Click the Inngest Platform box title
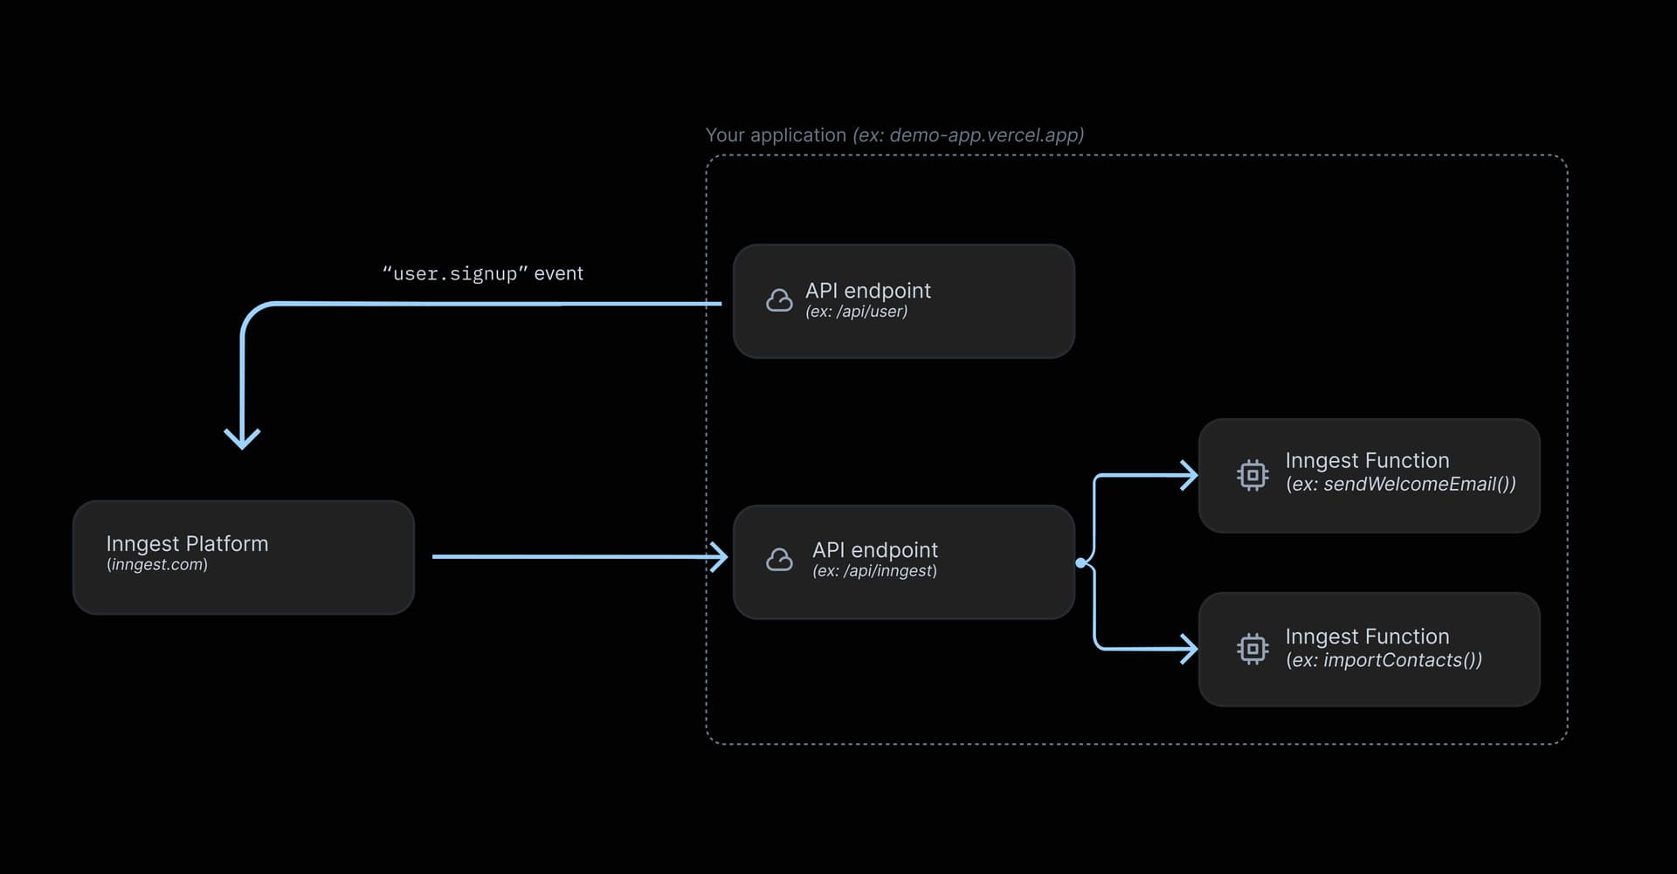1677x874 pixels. point(187,544)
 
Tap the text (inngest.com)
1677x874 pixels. point(157,565)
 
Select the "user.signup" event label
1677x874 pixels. point(482,273)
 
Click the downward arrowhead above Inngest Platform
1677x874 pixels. point(242,437)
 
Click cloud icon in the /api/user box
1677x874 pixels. point(779,301)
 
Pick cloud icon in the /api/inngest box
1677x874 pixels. point(779,560)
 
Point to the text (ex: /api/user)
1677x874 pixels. point(856,312)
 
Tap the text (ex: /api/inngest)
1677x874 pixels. point(874,571)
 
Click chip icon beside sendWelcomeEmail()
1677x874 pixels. point(1253,475)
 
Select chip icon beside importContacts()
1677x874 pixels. point(1253,649)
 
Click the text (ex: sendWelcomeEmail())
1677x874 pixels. point(1400,485)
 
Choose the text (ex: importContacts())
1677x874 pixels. point(1384,660)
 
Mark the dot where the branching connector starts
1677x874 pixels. point(1081,563)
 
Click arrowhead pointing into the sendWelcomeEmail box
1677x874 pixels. point(1190,476)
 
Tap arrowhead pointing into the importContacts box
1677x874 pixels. point(1190,649)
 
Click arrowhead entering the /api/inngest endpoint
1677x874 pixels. point(720,556)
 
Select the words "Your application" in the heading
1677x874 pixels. point(776,135)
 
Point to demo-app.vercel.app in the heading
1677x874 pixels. point(985,135)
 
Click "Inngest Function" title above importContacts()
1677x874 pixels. point(1367,637)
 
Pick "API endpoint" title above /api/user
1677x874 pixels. point(867,291)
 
